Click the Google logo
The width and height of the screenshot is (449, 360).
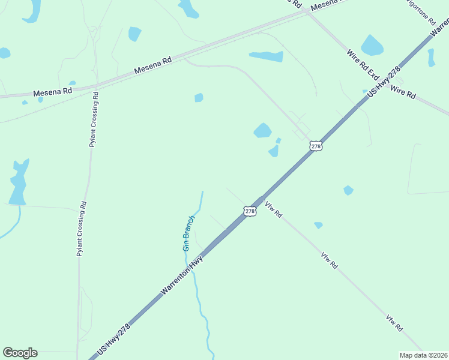coord(20,353)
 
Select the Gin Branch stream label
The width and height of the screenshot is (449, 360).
coord(188,233)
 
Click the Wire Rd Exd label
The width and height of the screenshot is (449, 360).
coord(363,65)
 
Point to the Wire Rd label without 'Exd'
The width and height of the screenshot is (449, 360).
coord(403,92)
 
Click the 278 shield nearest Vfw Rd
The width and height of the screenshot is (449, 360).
coord(250,211)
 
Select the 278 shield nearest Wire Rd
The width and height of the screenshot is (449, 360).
coord(316,146)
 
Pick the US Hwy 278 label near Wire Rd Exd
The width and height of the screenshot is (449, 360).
coord(384,83)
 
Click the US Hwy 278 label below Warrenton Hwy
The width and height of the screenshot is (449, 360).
coord(113,340)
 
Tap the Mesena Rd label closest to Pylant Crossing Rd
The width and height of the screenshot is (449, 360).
coord(53,92)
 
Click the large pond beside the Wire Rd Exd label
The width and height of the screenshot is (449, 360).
coord(372,46)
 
